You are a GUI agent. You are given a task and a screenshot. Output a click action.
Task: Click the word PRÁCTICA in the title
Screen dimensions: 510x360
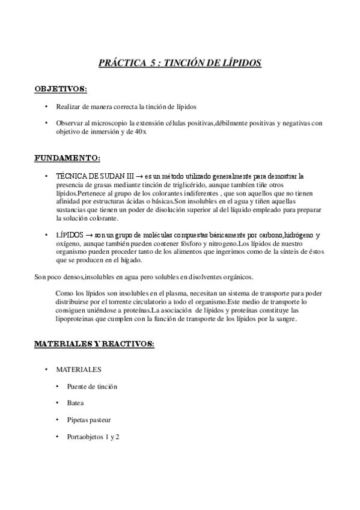(120, 63)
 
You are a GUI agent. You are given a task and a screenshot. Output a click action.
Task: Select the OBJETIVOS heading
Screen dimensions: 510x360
(61, 88)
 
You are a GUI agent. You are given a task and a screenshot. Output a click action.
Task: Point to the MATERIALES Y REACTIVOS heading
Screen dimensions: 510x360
(94, 343)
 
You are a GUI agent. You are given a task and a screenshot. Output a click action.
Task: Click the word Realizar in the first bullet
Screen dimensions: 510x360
(69, 106)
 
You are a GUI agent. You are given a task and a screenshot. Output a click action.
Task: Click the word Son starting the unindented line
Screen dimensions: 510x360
(40, 277)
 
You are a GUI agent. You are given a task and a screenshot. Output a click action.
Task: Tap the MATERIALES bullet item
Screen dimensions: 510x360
(79, 369)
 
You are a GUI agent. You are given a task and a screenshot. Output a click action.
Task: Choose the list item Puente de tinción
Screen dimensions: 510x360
(92, 386)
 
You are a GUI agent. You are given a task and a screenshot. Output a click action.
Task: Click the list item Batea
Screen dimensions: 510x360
(76, 403)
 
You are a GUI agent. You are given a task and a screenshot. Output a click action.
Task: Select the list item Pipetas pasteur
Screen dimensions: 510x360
(89, 420)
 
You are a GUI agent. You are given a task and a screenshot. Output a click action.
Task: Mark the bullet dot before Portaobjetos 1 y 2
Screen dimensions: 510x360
(58, 437)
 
